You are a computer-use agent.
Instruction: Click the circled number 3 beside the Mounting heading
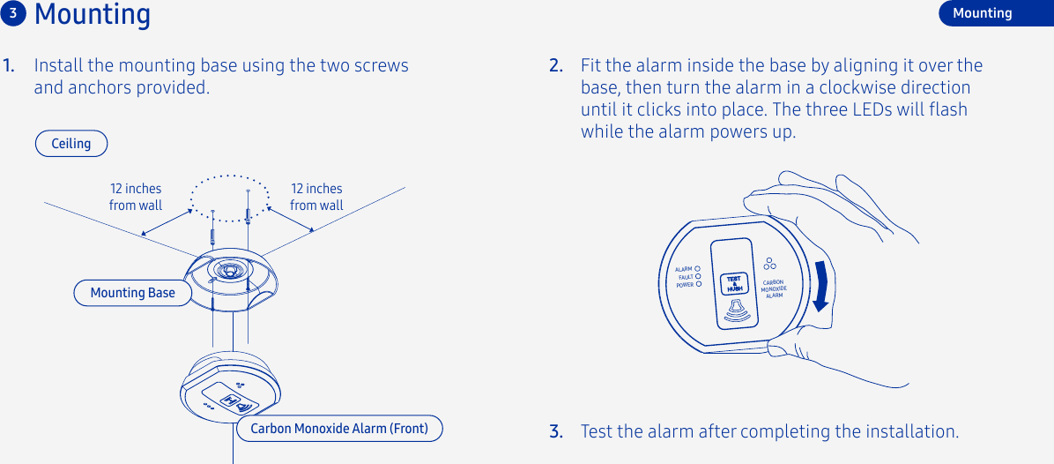click(13, 13)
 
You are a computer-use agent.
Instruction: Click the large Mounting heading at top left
click(93, 15)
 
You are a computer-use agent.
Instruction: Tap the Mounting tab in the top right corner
click(982, 13)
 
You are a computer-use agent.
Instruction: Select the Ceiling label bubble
click(71, 144)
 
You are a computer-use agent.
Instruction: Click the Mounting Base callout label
click(132, 293)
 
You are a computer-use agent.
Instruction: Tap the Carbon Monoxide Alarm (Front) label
click(339, 429)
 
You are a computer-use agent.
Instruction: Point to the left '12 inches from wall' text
click(136, 197)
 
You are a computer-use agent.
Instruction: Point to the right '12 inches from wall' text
click(316, 197)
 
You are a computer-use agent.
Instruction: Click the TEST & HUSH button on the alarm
click(733, 284)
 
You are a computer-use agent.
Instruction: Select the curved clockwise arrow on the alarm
click(821, 285)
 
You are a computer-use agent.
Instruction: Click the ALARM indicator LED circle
click(697, 269)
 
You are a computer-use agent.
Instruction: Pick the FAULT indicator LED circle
click(697, 277)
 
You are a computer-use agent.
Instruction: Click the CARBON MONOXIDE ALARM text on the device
click(773, 289)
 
